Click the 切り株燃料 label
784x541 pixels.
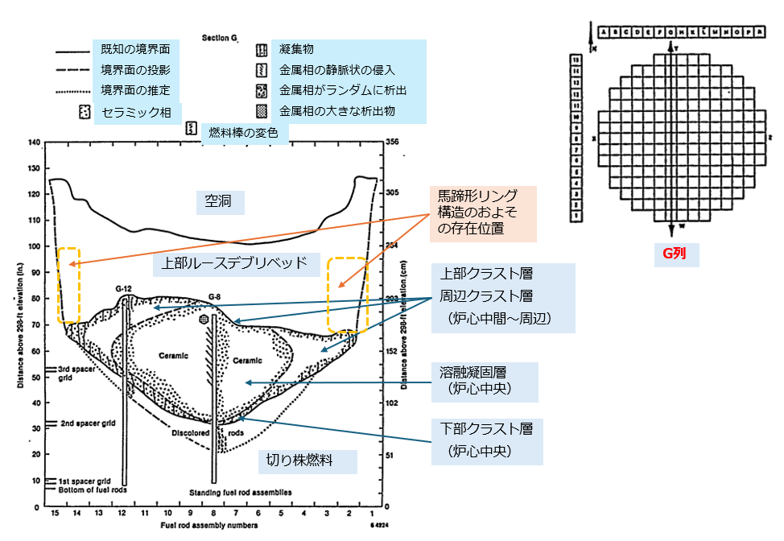coord(299,461)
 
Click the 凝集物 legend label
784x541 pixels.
coord(291,51)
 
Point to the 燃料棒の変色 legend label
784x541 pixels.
coord(242,131)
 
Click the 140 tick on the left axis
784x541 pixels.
coord(34,143)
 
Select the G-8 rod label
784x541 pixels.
coord(214,296)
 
